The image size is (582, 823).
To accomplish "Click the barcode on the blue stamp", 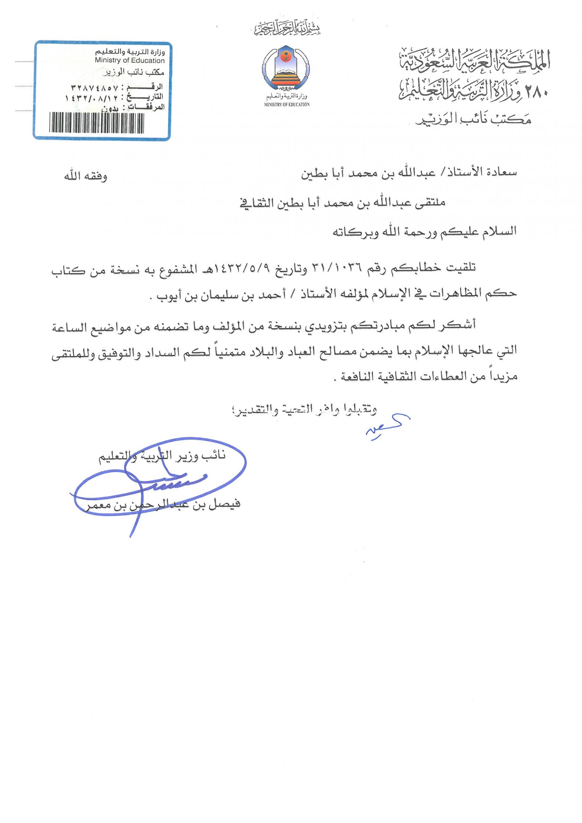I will [x=97, y=123].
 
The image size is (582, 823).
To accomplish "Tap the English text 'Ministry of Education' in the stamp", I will [x=130, y=60].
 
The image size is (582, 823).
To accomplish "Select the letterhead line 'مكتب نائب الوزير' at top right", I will [x=473, y=119].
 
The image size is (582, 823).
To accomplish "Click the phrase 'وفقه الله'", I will [x=85, y=176].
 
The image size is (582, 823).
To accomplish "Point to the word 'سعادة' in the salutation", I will [x=501, y=172].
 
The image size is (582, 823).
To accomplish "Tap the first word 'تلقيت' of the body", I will [x=462, y=267].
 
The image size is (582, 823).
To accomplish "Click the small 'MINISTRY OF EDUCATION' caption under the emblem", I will [x=287, y=105].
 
